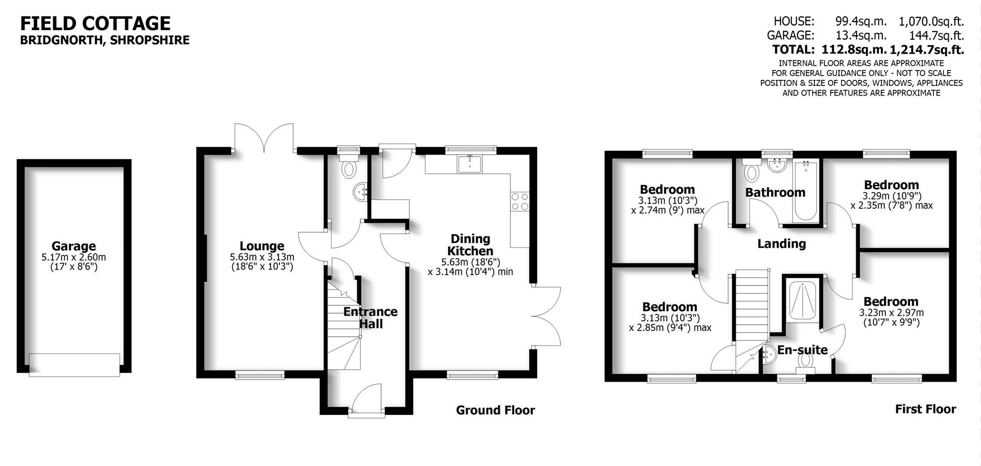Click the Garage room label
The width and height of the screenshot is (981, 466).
(x=74, y=246)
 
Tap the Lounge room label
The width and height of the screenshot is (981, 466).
(x=262, y=246)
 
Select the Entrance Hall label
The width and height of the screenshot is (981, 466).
(x=370, y=318)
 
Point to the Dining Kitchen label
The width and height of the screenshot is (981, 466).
(x=470, y=245)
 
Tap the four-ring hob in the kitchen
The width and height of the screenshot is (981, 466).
(x=520, y=201)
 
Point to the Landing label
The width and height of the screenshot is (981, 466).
(x=781, y=244)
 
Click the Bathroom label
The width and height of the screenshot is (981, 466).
(x=775, y=193)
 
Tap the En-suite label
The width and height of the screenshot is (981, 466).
(x=802, y=350)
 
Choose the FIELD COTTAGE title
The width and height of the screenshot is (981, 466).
(x=95, y=23)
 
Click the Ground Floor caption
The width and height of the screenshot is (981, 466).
(x=495, y=410)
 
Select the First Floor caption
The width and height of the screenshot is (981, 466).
(x=925, y=409)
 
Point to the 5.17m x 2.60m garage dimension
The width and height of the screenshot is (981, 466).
(x=74, y=257)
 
